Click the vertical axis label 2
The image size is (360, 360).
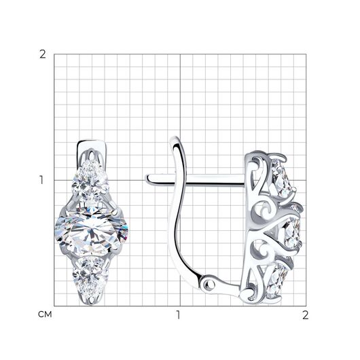click(43, 54)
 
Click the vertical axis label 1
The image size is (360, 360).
click(41, 180)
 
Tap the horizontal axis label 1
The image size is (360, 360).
click(179, 315)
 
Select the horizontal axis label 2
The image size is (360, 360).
click(306, 315)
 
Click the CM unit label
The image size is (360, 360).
click(45, 314)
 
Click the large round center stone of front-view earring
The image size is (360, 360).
click(92, 230)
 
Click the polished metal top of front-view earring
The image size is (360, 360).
click(92, 146)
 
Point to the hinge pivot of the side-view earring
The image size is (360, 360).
click(210, 285)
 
